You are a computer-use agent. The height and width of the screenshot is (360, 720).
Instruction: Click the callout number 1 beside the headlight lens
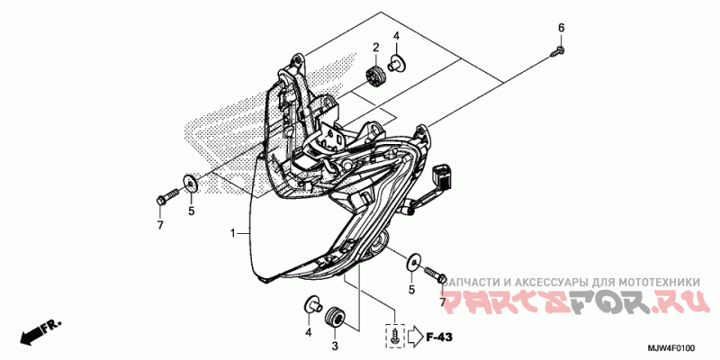click(232, 233)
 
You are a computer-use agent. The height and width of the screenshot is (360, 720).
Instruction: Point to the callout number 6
click(561, 27)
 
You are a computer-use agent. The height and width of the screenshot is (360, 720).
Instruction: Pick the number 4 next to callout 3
click(307, 332)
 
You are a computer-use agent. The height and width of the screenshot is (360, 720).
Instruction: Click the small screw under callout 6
click(555, 54)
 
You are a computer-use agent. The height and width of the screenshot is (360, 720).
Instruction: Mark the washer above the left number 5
click(189, 184)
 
